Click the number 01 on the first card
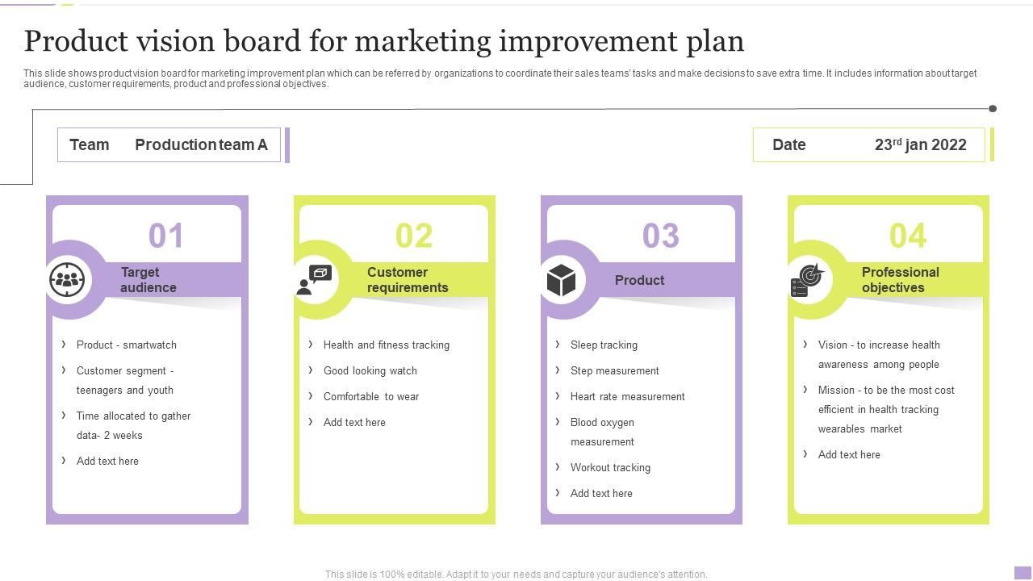[x=166, y=236]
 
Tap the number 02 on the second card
[x=414, y=236]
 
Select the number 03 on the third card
[x=661, y=236]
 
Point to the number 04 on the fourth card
[x=908, y=236]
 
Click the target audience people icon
[x=68, y=280]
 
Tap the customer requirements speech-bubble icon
[x=315, y=280]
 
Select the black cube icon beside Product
[x=562, y=280]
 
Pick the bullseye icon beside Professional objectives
[x=807, y=280]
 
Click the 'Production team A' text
[x=201, y=145]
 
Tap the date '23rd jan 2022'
[x=920, y=145]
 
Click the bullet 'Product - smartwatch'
[x=127, y=345]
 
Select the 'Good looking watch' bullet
[x=370, y=370]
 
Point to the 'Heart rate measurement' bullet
[x=627, y=396]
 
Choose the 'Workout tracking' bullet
[x=610, y=467]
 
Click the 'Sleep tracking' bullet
[x=604, y=345]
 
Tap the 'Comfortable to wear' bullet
[x=371, y=396]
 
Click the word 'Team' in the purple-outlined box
[x=90, y=145]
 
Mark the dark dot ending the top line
[x=993, y=108]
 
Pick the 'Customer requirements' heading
[x=408, y=280]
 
